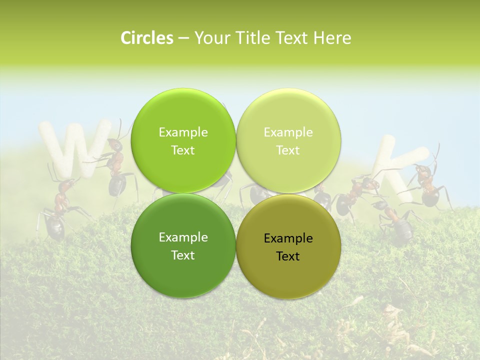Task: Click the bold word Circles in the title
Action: point(146,38)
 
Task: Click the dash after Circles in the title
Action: point(183,38)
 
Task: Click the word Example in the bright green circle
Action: point(183,132)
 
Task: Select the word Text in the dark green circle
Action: point(183,255)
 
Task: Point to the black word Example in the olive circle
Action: point(288,238)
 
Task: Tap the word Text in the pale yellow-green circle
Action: point(288,150)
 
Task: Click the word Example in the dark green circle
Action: point(183,237)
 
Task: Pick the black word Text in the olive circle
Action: point(288,256)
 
